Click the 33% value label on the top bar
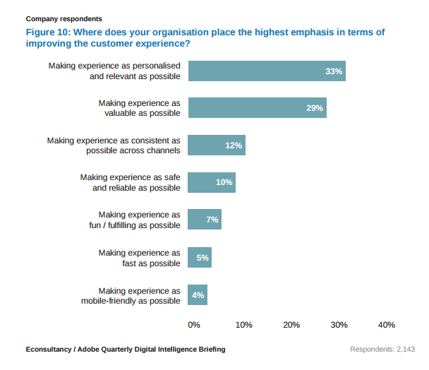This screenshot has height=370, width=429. coord(334,71)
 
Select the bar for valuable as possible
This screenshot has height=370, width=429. coord(257,108)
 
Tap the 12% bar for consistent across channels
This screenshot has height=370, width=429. coord(217,145)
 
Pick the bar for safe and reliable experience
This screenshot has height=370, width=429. coord(212,182)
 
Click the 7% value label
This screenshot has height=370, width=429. coord(212,220)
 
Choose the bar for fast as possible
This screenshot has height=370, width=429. coord(200,258)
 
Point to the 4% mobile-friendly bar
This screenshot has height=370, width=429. coord(198,295)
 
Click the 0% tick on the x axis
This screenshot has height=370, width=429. coord(194,325)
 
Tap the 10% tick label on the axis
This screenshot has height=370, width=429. coord(243,325)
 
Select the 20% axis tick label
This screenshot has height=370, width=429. coord(291,325)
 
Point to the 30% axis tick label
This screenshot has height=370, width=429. coord(339,325)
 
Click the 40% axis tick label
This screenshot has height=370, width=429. coord(387,325)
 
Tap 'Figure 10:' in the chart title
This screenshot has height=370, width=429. coord(51,32)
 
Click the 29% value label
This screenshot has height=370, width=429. coord(315,108)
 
